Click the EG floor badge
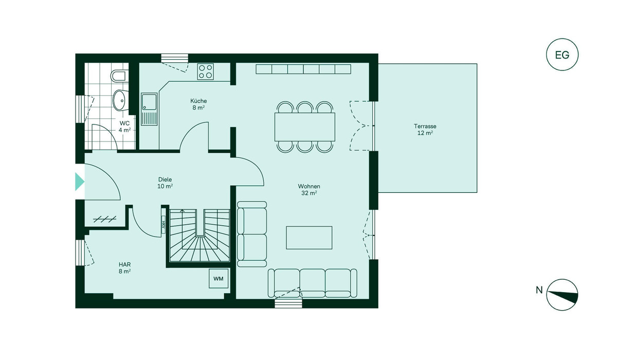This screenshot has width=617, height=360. coord(562,55)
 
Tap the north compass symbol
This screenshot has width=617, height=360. coord(562,295)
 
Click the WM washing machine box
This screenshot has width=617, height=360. coord(219,278)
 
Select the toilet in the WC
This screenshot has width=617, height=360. coord(119,76)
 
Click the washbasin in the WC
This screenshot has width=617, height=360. coord(120,100)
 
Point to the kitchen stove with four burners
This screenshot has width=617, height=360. coord(206,71)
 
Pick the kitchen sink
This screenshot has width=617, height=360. coord(149,109)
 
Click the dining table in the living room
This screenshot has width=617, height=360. coord(304,127)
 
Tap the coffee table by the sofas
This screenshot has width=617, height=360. coord(309,238)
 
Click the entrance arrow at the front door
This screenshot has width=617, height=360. coord(80,182)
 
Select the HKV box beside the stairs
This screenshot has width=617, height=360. coord(164,224)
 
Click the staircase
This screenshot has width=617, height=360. coord(199,235)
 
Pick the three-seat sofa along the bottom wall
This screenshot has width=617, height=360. coord(313,283)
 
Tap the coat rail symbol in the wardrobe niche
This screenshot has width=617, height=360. coord(105,220)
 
